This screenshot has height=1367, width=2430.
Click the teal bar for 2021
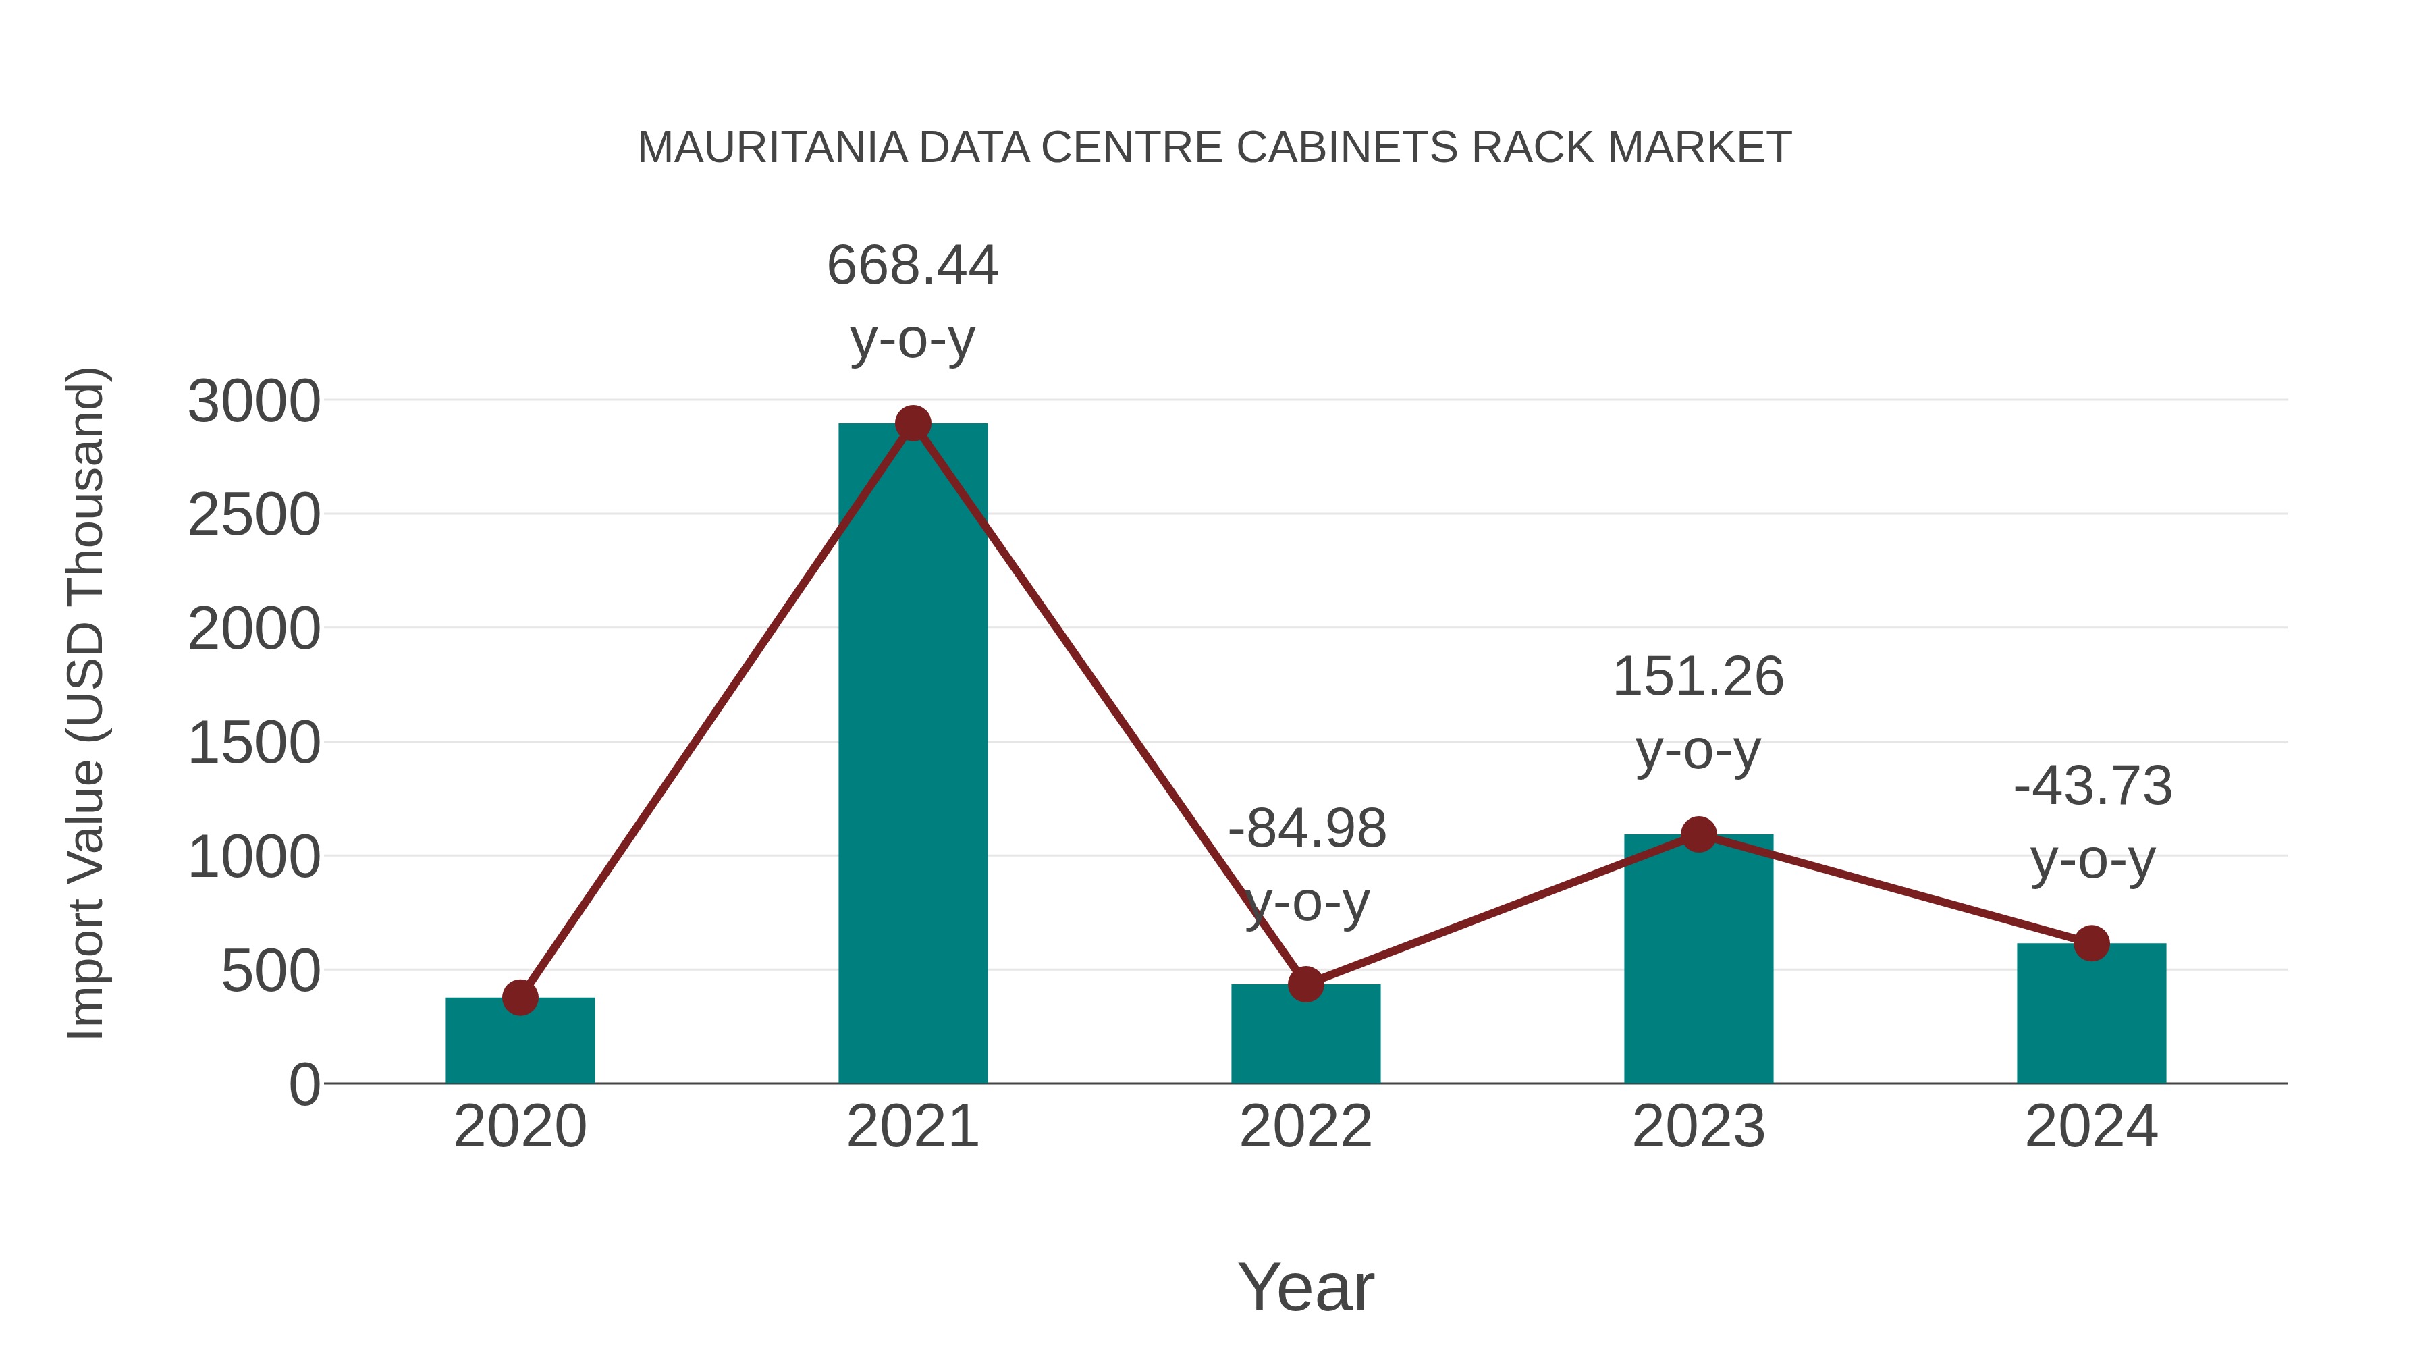[912, 755]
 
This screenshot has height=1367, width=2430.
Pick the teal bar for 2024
[2091, 1013]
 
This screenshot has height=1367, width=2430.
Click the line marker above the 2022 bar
[1305, 984]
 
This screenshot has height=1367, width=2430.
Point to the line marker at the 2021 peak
[912, 423]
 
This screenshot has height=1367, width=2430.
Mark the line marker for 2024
[2091, 942]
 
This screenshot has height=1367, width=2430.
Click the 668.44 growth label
[912, 265]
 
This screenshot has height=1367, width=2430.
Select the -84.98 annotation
[1307, 829]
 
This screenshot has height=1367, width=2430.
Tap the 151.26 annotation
[1698, 677]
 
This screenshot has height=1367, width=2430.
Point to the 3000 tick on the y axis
[254, 402]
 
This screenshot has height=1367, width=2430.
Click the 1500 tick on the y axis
[254, 743]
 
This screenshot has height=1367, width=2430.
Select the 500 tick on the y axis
[271, 971]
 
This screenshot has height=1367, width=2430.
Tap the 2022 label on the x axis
[1305, 1127]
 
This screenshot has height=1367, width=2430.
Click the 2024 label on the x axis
[2091, 1127]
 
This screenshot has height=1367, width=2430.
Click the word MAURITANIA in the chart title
[772, 148]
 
